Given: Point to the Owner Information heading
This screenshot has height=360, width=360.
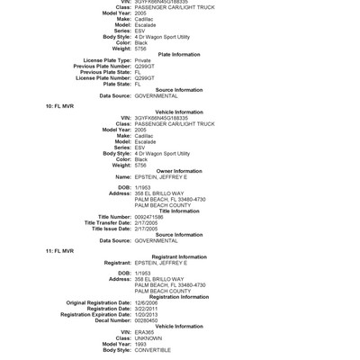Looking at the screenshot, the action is point(179,171).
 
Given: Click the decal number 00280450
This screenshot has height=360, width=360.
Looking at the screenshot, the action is point(148,320).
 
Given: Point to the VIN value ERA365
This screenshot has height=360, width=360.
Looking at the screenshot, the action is point(144,332).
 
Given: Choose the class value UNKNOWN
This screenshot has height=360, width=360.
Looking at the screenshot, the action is point(148,337).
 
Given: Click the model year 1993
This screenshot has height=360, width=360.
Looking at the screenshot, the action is point(141,344).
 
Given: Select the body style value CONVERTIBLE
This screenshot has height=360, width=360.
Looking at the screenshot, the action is point(153,349).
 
